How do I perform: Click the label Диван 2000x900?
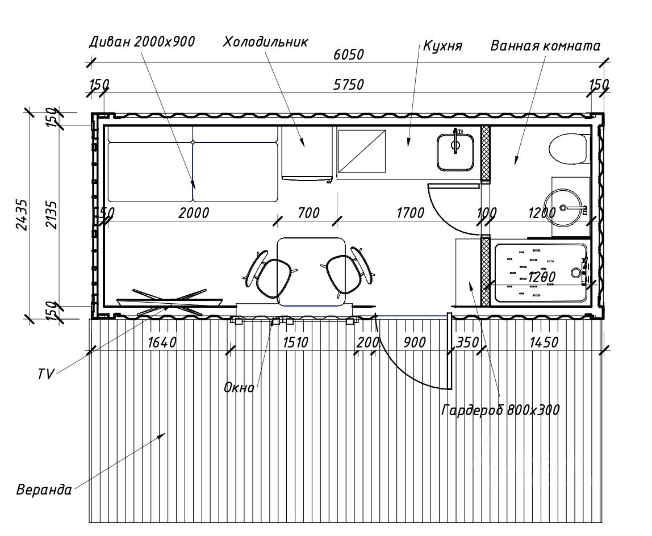142,41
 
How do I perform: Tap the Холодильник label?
265,42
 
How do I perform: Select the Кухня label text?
442,45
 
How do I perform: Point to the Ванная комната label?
545,45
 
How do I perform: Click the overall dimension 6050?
349,55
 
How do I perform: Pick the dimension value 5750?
349,85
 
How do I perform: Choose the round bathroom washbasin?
565,208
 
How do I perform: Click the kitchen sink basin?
455,152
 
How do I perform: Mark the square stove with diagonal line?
362,151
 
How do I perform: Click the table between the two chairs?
311,271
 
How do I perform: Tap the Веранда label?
44,490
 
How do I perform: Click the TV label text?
46,374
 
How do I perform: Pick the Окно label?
239,388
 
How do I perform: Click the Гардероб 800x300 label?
500,410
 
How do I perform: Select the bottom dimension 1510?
295,342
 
